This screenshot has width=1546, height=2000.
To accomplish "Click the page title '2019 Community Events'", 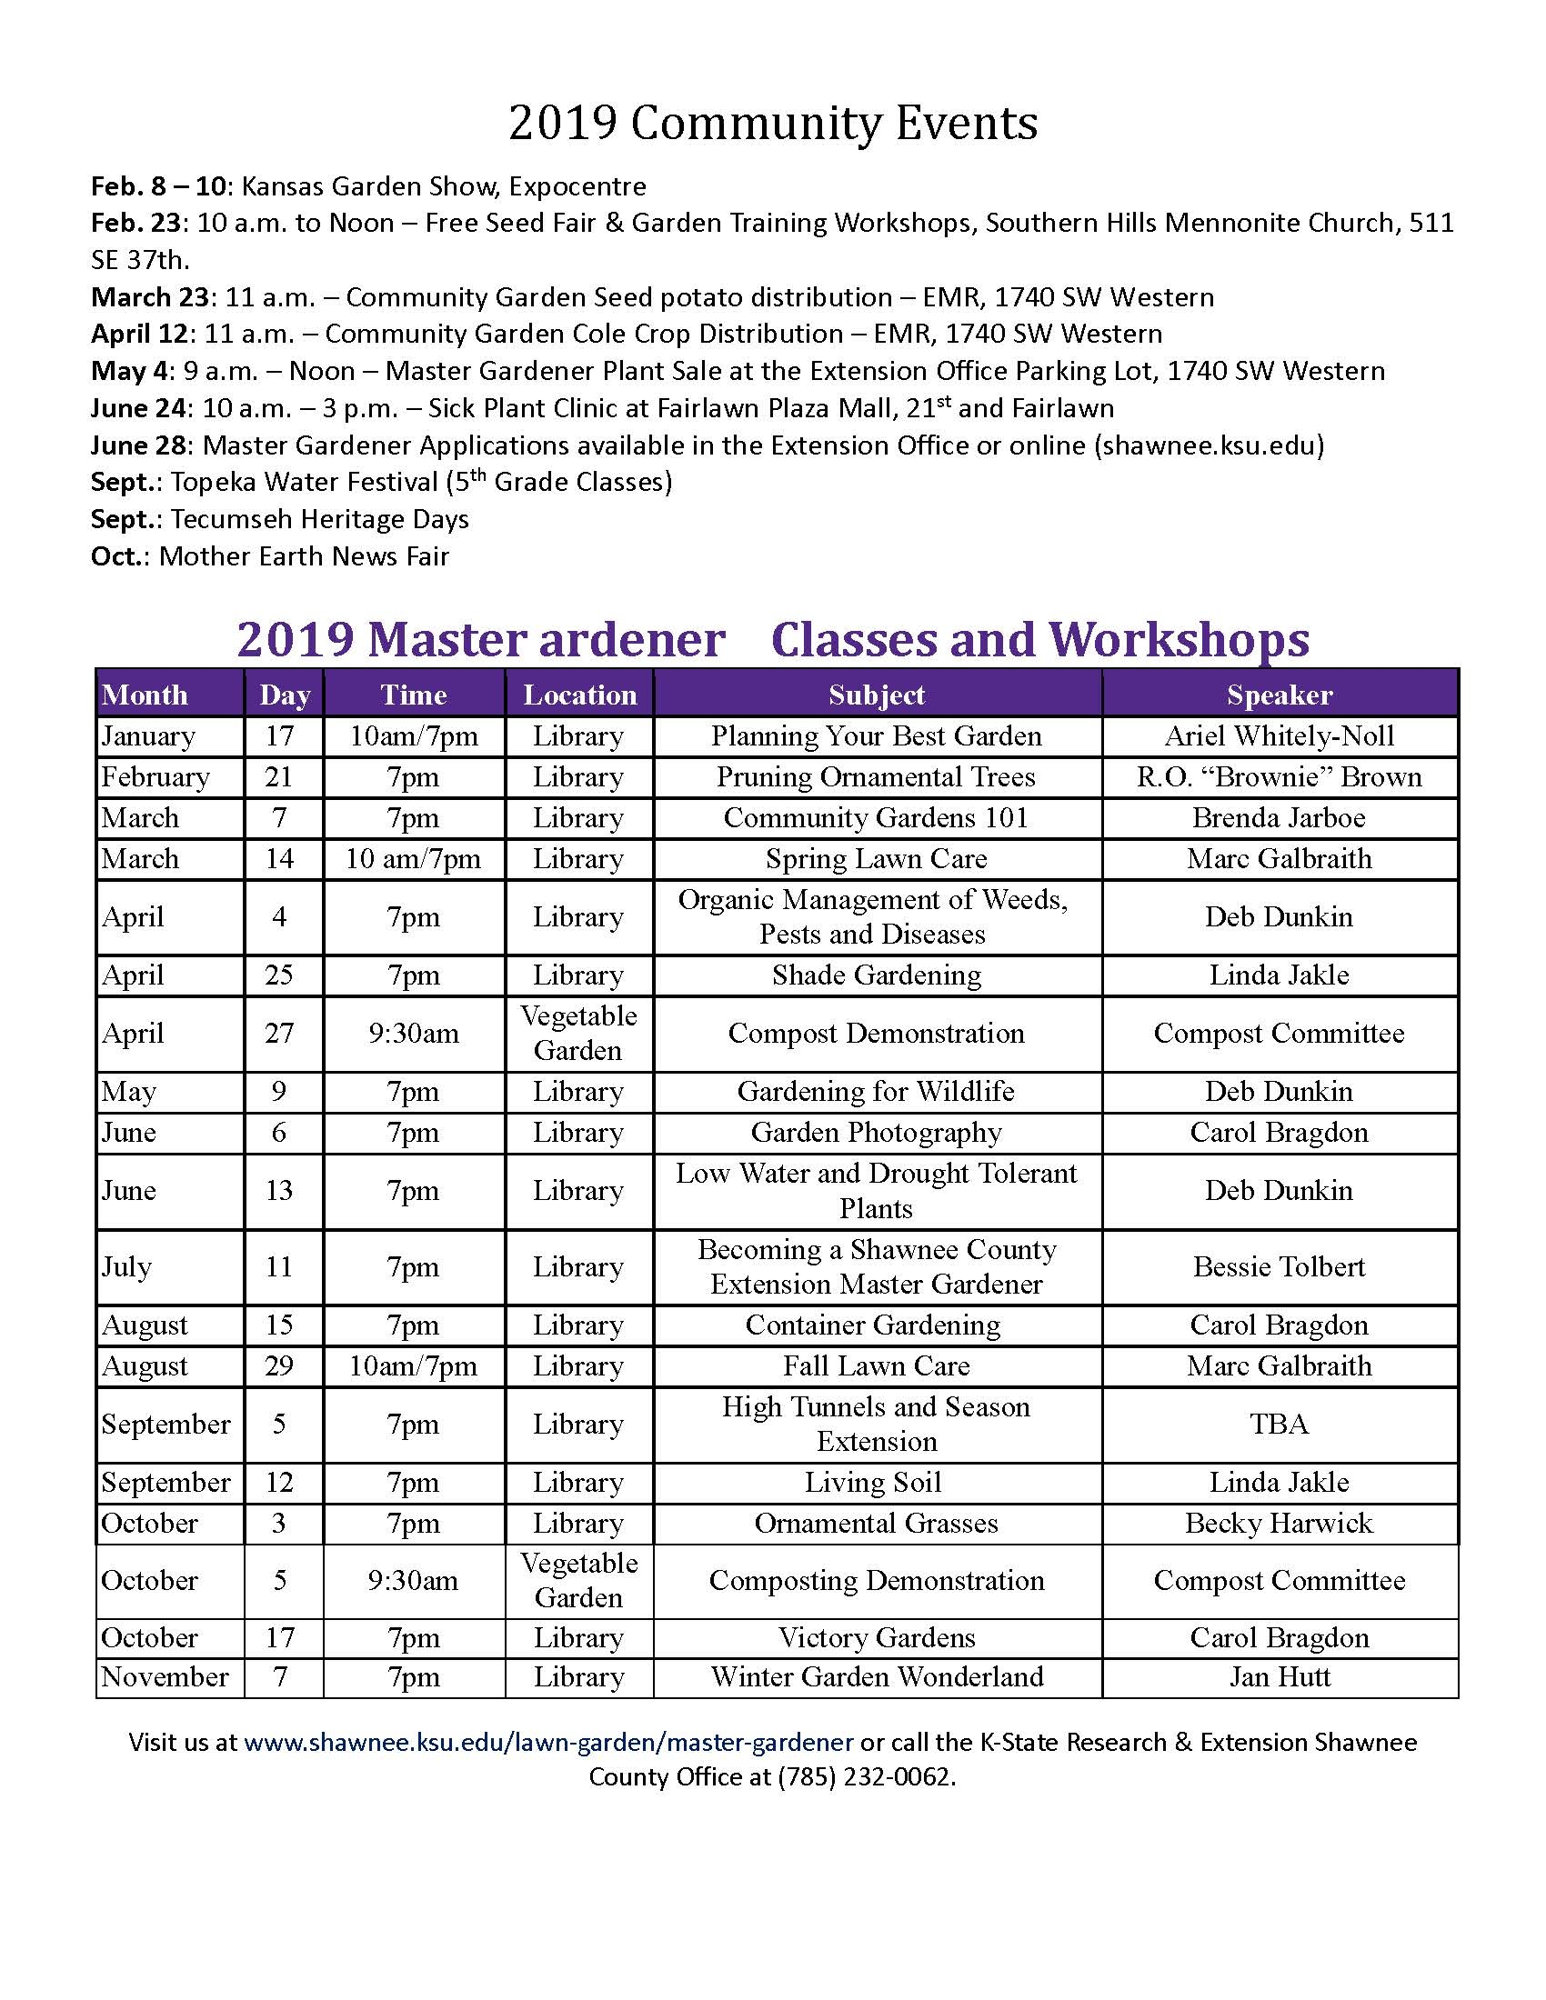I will (773, 124).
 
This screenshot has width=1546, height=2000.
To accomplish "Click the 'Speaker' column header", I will (1279, 695).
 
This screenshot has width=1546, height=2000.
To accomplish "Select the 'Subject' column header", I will (877, 695).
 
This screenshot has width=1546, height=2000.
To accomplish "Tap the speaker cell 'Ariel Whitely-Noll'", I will (1279, 736).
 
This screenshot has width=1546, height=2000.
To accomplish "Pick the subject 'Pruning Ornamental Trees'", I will (876, 777).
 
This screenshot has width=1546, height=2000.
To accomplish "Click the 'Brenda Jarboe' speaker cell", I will (1279, 818).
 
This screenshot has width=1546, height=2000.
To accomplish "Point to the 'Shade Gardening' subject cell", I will (877, 975).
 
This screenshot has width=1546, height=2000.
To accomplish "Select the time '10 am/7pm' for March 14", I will (413, 859).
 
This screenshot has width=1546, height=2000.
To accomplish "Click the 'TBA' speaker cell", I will (1279, 1424).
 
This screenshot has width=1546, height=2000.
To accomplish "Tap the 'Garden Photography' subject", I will (877, 1133).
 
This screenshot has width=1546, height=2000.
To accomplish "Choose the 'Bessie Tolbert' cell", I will (1279, 1267).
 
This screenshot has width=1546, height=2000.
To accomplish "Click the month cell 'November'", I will (165, 1676).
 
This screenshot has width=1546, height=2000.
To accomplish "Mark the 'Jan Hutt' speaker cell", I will (1279, 1676).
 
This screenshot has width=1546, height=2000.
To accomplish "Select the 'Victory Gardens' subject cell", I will (877, 1637).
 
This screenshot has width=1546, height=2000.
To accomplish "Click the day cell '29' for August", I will (279, 1366).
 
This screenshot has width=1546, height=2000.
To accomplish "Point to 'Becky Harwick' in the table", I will (1279, 1523).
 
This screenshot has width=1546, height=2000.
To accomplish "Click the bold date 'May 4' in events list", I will (128, 372).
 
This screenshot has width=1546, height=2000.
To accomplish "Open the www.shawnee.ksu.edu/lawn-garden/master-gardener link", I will (548, 1742).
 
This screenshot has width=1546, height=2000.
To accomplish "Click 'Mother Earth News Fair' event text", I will (304, 556).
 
